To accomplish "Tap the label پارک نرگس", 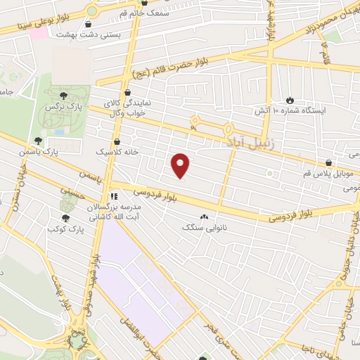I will point(60,107).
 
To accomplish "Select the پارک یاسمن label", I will point(58,151).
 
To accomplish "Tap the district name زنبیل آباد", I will point(254,142).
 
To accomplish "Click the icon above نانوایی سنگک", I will point(204,217).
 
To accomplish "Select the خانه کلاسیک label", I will point(117,151).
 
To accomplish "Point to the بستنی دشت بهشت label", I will point(124,34).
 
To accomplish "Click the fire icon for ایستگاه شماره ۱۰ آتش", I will point(289,99).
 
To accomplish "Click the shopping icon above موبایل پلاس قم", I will point(329,162).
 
